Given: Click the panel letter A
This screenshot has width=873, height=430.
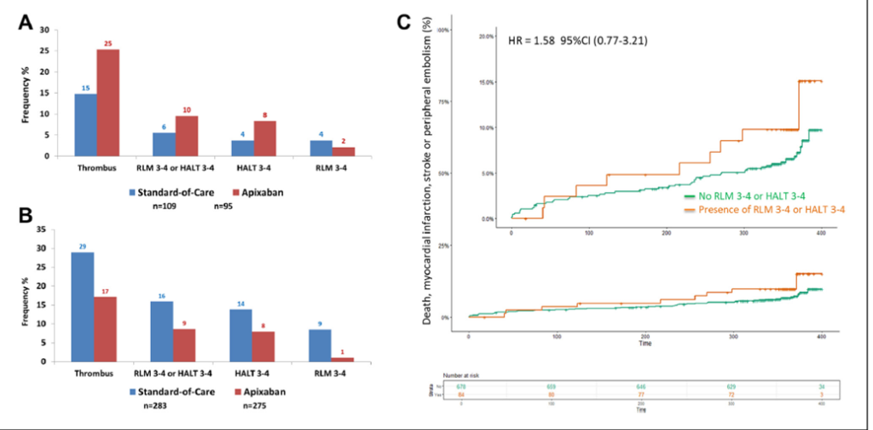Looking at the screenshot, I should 27,25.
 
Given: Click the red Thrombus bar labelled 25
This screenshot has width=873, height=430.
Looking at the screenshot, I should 107,102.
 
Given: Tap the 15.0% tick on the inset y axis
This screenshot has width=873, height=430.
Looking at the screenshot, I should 487,83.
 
